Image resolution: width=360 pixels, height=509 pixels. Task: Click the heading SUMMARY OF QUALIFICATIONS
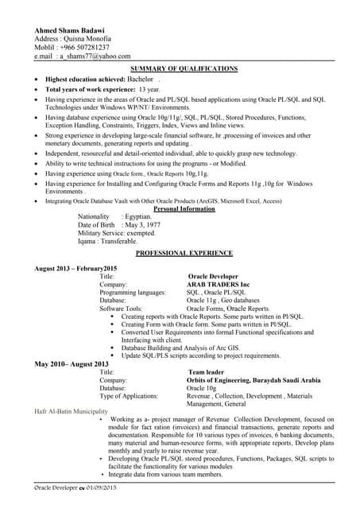(184, 69)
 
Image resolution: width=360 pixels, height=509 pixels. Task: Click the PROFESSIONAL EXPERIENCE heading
(184, 253)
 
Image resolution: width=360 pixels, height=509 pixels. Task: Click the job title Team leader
(209, 371)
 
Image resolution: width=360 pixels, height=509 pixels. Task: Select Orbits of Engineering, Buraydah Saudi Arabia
(254, 380)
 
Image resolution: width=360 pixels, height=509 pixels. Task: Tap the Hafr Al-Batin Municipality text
(71, 412)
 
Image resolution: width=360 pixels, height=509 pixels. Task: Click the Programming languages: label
(132, 292)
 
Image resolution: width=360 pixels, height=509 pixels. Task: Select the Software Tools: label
(121, 308)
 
